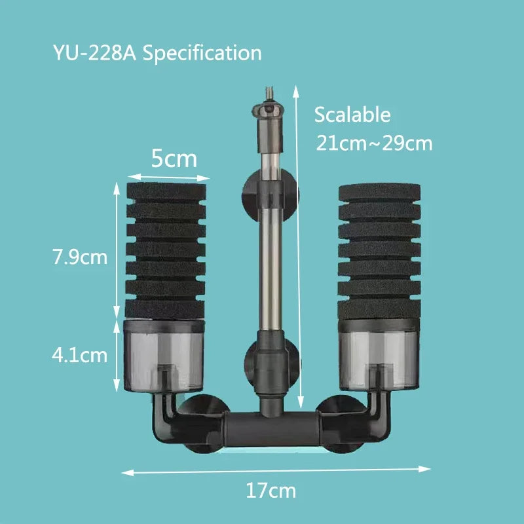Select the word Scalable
pos(352,115)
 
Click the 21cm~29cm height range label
pos(374,143)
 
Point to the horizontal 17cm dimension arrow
pos(275,470)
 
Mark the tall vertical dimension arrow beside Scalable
pos(300,249)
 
